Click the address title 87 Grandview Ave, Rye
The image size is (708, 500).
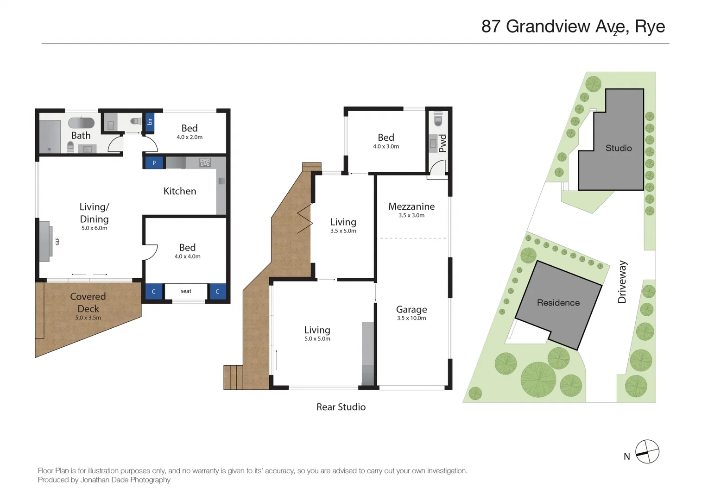coord(573,26)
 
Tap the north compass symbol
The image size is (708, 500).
coord(647,451)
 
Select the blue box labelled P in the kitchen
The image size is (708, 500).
coord(154,163)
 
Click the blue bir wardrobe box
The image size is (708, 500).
coord(150,122)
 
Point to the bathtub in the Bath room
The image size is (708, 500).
coord(82,123)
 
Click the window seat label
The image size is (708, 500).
coord(186,291)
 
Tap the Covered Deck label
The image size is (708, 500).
coord(88,302)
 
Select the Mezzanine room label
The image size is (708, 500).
coord(411,206)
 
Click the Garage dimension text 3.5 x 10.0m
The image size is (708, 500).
coord(411,318)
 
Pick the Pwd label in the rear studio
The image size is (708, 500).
coord(442,143)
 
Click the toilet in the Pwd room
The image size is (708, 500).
coord(438,120)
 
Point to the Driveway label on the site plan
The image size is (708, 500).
coord(622,282)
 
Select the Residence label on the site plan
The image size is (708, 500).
coord(558,303)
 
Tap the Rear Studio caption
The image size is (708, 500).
coord(341,407)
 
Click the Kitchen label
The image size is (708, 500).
coord(180,191)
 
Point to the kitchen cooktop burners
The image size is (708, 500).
coord(205,162)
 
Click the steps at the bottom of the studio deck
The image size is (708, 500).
coord(233,377)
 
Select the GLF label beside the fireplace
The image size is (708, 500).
coord(57,241)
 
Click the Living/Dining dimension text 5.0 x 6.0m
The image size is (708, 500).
coord(94,228)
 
